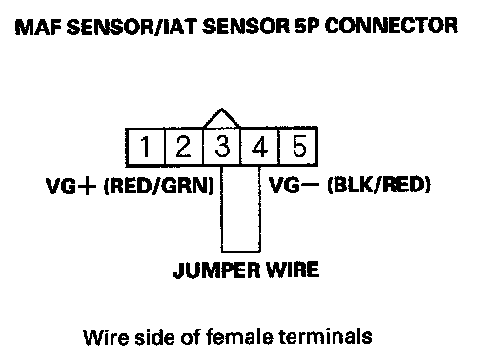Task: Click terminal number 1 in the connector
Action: pos(145,147)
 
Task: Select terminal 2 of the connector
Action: pos(184,147)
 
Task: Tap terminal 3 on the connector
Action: pos(222,147)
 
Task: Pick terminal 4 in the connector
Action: pos(259,147)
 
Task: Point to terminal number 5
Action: pos(298,147)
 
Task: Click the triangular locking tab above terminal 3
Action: pos(222,118)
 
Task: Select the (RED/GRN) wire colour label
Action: pos(159,186)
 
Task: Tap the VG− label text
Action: pos(294,186)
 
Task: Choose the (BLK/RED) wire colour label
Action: pos(378,186)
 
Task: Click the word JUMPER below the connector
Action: pos(217,270)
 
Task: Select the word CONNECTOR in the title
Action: pos(392,26)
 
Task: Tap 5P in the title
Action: pos(307,26)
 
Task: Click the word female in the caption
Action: pos(239,336)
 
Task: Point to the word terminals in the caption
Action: pos(325,336)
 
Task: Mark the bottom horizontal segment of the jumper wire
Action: pos(241,252)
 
